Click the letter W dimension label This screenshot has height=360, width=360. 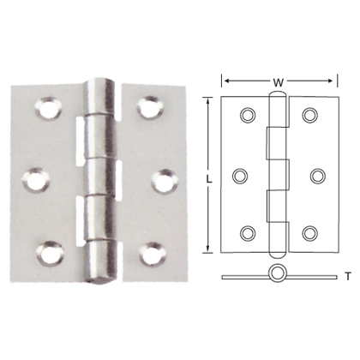(278, 82)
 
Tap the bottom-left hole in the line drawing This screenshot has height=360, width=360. (249, 234)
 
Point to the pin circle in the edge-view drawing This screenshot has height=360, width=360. (277, 274)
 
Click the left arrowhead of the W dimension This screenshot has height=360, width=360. (225, 82)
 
